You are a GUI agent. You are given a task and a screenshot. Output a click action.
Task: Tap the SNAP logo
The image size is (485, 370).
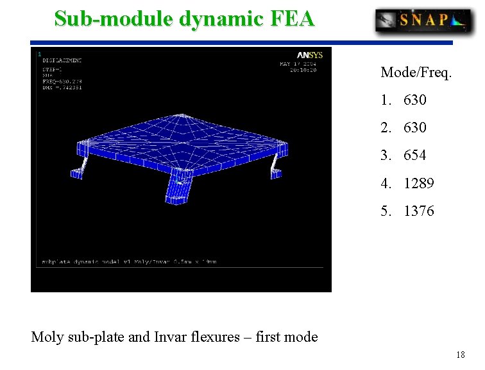point(423,21)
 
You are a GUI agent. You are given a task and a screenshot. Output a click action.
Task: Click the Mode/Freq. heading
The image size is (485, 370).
point(416,72)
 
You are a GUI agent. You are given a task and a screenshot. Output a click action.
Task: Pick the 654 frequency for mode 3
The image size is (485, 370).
point(415,155)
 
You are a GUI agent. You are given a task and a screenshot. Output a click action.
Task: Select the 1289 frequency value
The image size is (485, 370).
point(419,184)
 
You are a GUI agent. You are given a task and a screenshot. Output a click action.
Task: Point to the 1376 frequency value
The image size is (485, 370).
point(419,211)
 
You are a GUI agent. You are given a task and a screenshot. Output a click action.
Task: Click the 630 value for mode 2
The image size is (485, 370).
point(415,128)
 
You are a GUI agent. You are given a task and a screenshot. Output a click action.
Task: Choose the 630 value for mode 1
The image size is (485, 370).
point(415,100)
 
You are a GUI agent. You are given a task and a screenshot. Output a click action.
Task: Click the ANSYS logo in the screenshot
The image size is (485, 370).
point(309,55)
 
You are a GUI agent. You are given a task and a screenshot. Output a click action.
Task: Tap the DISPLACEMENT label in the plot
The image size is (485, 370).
point(62,60)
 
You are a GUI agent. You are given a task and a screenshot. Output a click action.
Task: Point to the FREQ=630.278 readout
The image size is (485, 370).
point(62,82)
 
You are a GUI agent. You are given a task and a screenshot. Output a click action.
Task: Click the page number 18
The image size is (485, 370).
point(460,355)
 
